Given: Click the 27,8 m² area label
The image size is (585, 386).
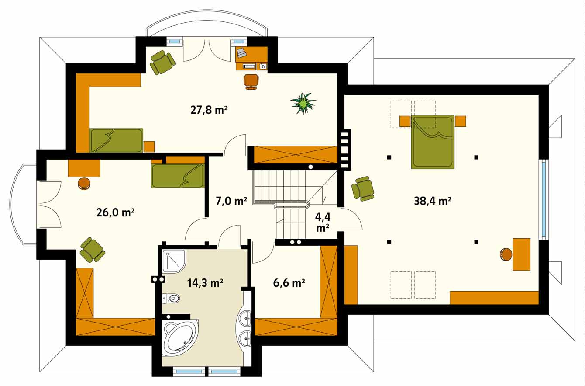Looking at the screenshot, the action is point(209,110).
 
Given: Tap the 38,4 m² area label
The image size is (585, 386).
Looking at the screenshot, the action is point(433,201).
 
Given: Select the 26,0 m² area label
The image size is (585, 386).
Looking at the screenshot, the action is point(115,212).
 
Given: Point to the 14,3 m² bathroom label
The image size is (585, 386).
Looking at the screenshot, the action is point(205,283).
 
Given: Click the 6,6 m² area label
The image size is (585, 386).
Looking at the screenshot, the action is point(289,283).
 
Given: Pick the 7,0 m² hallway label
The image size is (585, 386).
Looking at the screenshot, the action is point(231,201).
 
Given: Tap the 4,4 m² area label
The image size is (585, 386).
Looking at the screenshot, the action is point(323,223).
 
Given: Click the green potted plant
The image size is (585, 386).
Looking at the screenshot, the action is point(303,103).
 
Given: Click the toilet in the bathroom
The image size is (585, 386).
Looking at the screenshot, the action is point(171,298).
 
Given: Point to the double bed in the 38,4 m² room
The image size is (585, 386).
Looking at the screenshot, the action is point(433,142).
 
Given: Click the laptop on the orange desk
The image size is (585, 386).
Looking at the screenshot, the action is point(242,53).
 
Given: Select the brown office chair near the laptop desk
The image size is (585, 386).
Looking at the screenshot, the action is point(251,82).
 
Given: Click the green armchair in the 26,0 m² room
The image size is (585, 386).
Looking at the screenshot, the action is point(93,250).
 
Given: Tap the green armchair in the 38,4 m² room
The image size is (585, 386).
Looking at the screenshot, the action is point(363,188).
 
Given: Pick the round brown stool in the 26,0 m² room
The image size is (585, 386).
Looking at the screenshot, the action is point(84,184).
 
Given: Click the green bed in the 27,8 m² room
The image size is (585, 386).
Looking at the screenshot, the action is point(116,140).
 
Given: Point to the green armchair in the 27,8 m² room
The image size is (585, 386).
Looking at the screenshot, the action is point(162,63).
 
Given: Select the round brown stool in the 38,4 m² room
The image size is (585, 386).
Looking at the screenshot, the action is point(506,254).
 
